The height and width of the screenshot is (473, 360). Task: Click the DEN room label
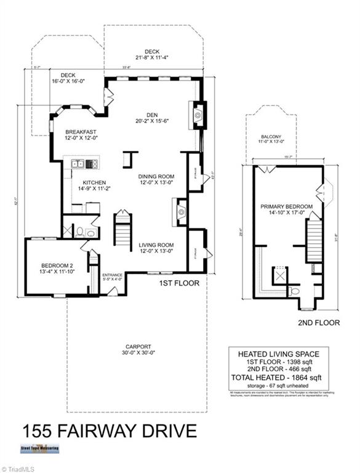pos(148,113)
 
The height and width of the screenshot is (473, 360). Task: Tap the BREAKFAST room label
pos(81,132)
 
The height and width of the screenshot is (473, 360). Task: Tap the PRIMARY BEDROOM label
pos(286,206)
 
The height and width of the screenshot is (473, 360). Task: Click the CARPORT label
pos(137,347)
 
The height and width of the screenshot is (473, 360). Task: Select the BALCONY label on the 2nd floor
pos(271,136)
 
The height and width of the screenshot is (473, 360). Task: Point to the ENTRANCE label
pos(112,275)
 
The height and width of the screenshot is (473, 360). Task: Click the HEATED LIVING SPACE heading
pos(279,354)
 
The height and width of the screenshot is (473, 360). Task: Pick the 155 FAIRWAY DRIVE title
pos(110,431)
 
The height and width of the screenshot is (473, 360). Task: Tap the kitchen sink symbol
pos(78,164)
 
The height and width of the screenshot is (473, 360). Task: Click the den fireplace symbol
pos(198,114)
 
